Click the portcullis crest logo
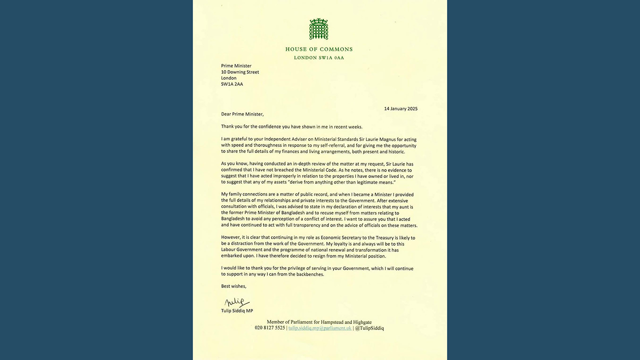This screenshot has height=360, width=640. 318,29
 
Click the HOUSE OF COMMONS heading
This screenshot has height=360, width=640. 319,49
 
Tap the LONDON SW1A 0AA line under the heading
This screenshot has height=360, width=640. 319,58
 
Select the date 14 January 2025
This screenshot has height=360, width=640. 400,108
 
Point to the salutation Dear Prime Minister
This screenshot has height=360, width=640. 242,114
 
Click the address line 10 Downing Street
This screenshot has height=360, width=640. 240,72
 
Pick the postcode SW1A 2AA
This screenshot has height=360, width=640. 232,84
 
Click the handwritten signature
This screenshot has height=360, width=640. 236,302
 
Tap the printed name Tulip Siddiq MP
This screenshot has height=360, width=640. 237,310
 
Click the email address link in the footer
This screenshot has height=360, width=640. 319,328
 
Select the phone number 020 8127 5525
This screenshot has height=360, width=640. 269,328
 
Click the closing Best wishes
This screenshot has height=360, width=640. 233,286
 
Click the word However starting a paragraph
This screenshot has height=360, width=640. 232,238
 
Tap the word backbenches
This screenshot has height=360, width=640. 309,274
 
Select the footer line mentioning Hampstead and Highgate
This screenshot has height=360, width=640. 319,322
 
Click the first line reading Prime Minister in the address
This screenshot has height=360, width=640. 236,66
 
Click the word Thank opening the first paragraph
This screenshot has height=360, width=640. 228,126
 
